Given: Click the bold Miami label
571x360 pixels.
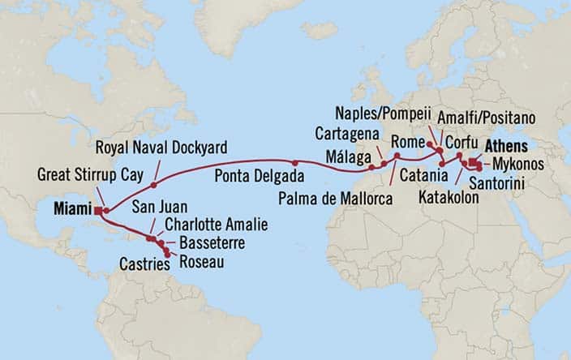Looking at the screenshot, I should pyautogui.click(x=71, y=209).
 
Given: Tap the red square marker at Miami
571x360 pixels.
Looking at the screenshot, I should pyautogui.click(x=97, y=211).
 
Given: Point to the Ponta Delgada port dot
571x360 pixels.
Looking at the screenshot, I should pyautogui.click(x=296, y=164).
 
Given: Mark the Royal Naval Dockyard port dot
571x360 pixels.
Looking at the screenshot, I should pyautogui.click(x=153, y=185).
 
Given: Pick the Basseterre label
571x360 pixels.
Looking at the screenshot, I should pyautogui.click(x=204, y=242).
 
